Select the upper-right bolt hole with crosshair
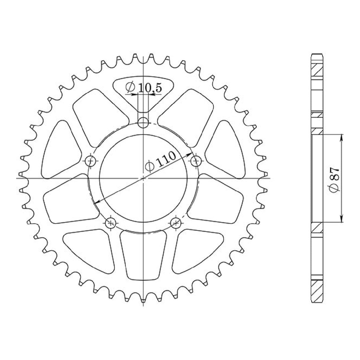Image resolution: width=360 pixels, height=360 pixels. (x=196, y=162)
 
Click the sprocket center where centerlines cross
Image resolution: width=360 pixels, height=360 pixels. (x=144, y=178)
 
